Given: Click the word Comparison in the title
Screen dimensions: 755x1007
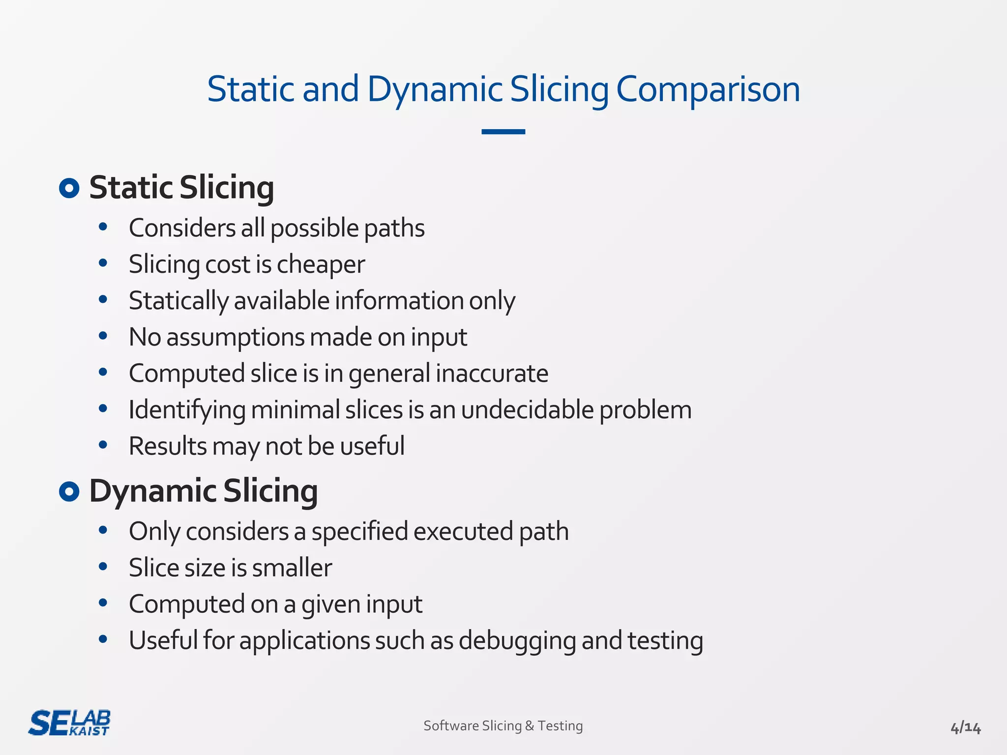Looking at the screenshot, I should tap(708, 89).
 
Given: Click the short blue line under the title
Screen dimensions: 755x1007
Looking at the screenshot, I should tap(503, 132).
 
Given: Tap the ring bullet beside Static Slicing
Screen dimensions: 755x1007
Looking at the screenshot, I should tap(69, 188).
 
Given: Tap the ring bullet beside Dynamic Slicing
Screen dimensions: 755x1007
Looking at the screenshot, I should tap(69, 492).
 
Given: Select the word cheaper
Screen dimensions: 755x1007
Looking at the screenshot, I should tap(321, 264).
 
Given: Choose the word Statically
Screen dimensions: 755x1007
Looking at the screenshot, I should tap(179, 301).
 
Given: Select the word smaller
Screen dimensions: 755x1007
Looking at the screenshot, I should tap(292, 568).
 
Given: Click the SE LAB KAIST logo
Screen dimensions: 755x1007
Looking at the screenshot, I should tap(69, 723).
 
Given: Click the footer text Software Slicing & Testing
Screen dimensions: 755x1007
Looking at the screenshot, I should tap(503, 726).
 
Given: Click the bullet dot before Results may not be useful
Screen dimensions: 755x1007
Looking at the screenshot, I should tap(103, 445).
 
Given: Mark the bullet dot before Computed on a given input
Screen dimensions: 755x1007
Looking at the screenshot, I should tap(103, 603).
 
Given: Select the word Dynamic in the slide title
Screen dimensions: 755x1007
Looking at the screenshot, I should tap(435, 89).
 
